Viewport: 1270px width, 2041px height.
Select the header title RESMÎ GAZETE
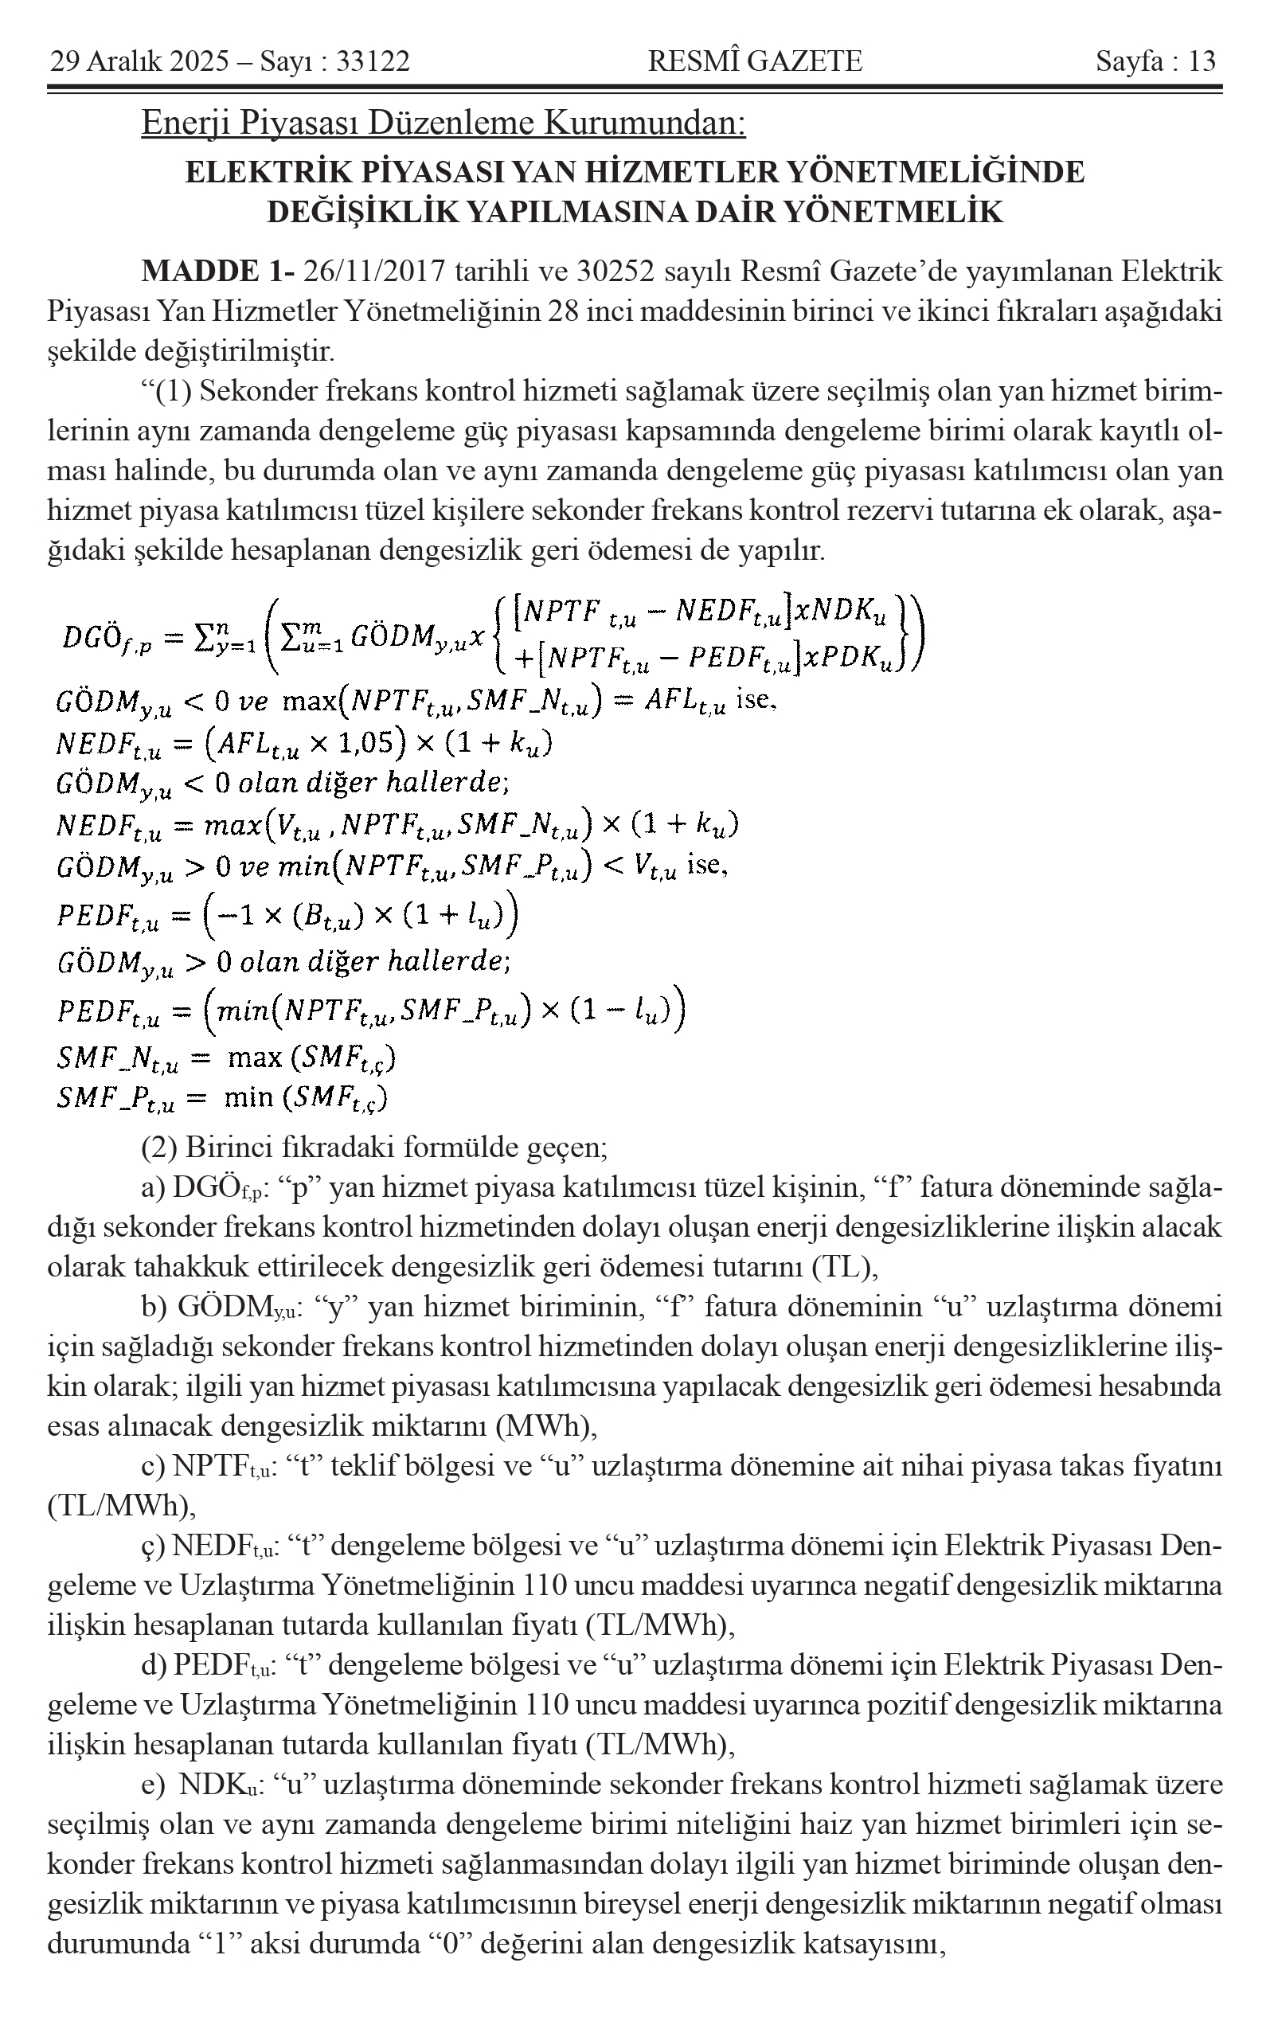click(x=755, y=61)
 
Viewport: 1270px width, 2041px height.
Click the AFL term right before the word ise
click(x=683, y=702)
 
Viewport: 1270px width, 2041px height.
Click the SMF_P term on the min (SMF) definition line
click(x=116, y=1098)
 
